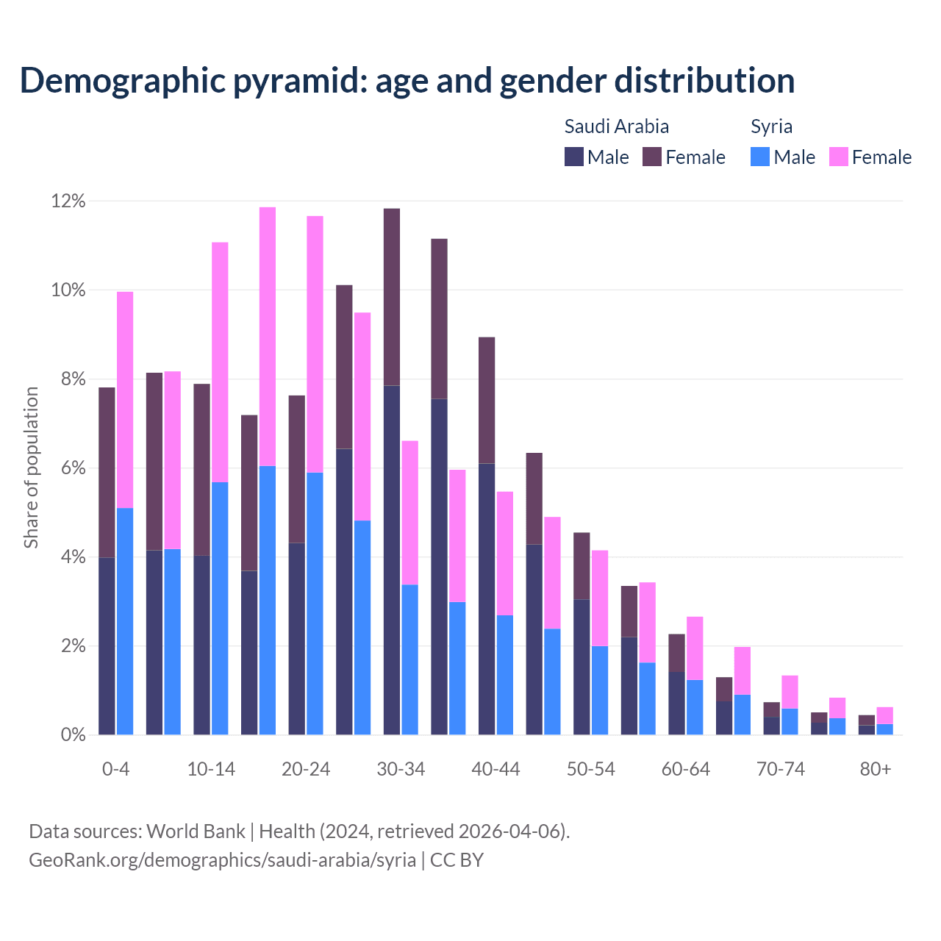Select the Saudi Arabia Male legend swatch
pos(573,157)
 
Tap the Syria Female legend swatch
pos(838,157)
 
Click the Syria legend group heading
pos(771,126)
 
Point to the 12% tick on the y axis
pos(68,201)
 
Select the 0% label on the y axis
pos(71,735)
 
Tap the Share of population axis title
pos(32,468)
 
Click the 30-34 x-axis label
pos(401,769)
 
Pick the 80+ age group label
pos(876,769)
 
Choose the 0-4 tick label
pos(115,769)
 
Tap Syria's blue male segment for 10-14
pos(220,609)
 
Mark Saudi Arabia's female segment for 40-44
pos(487,401)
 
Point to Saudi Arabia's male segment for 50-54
pos(582,668)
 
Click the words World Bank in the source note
pos(196,831)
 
